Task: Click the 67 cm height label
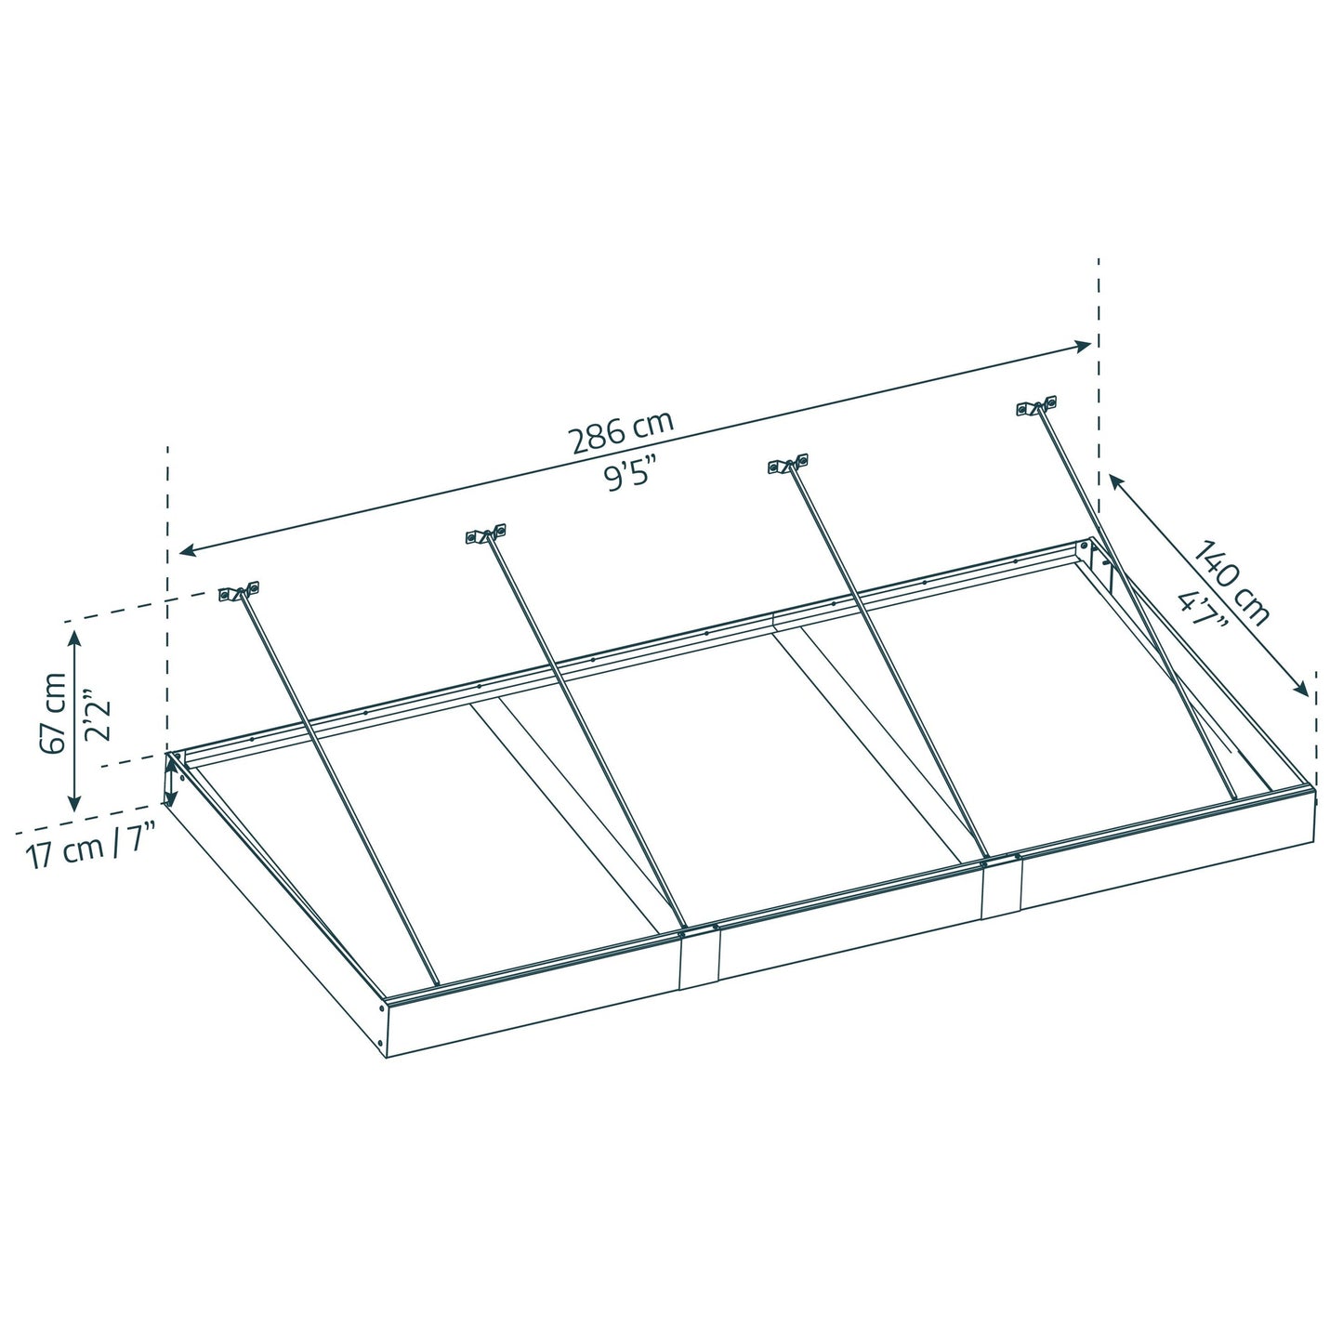click(53, 713)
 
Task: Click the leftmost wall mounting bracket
click(239, 592)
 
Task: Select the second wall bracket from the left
click(486, 534)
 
